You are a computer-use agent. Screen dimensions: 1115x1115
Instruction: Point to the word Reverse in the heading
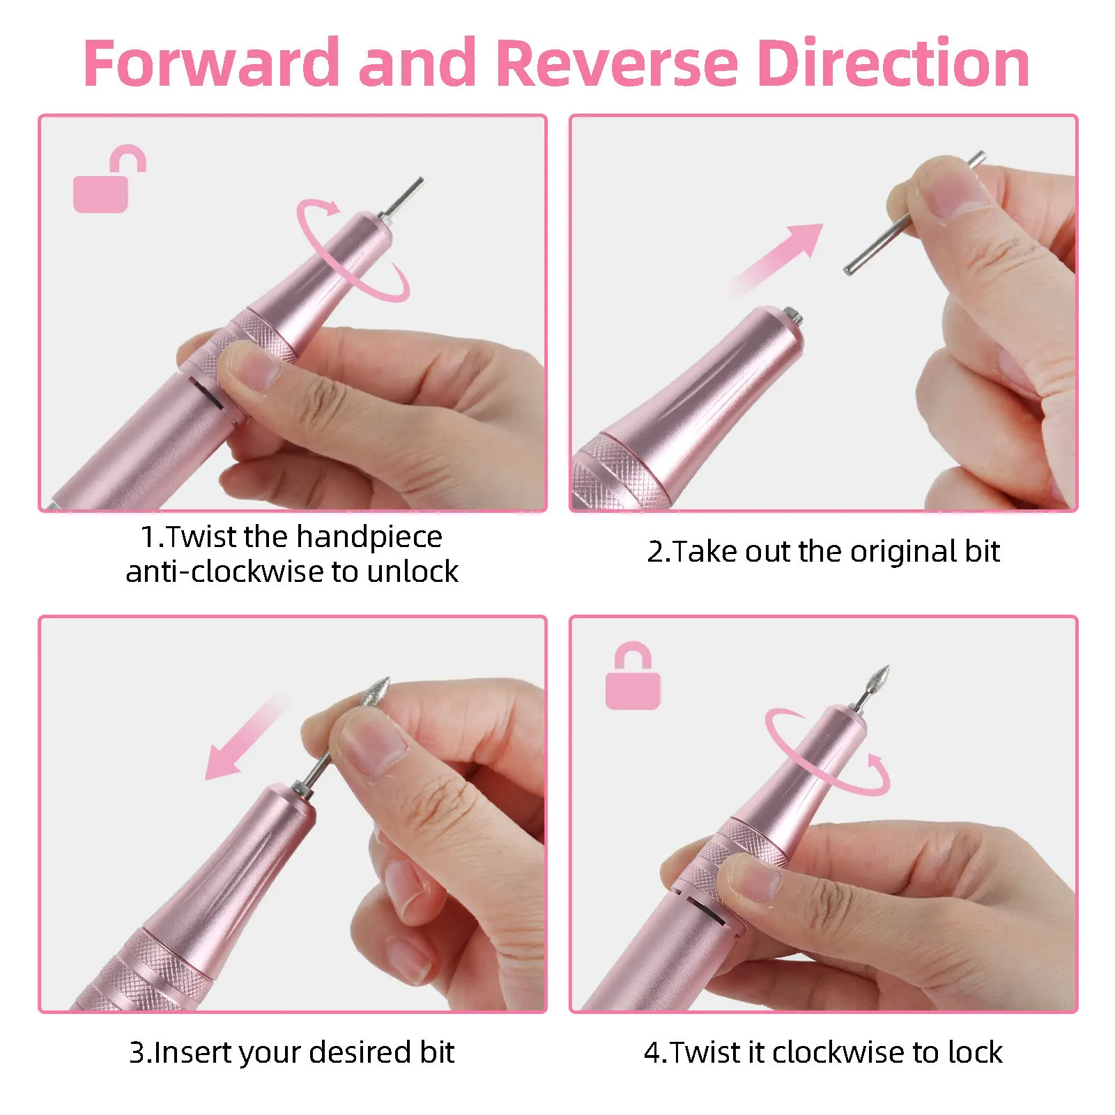pyautogui.click(x=617, y=64)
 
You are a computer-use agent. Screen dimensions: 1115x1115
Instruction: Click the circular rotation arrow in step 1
pyautogui.click(x=352, y=251)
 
